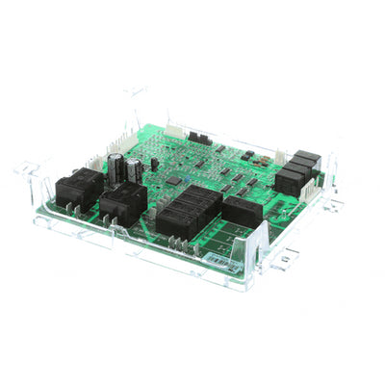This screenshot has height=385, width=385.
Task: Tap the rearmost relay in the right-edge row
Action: coord(307,160)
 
